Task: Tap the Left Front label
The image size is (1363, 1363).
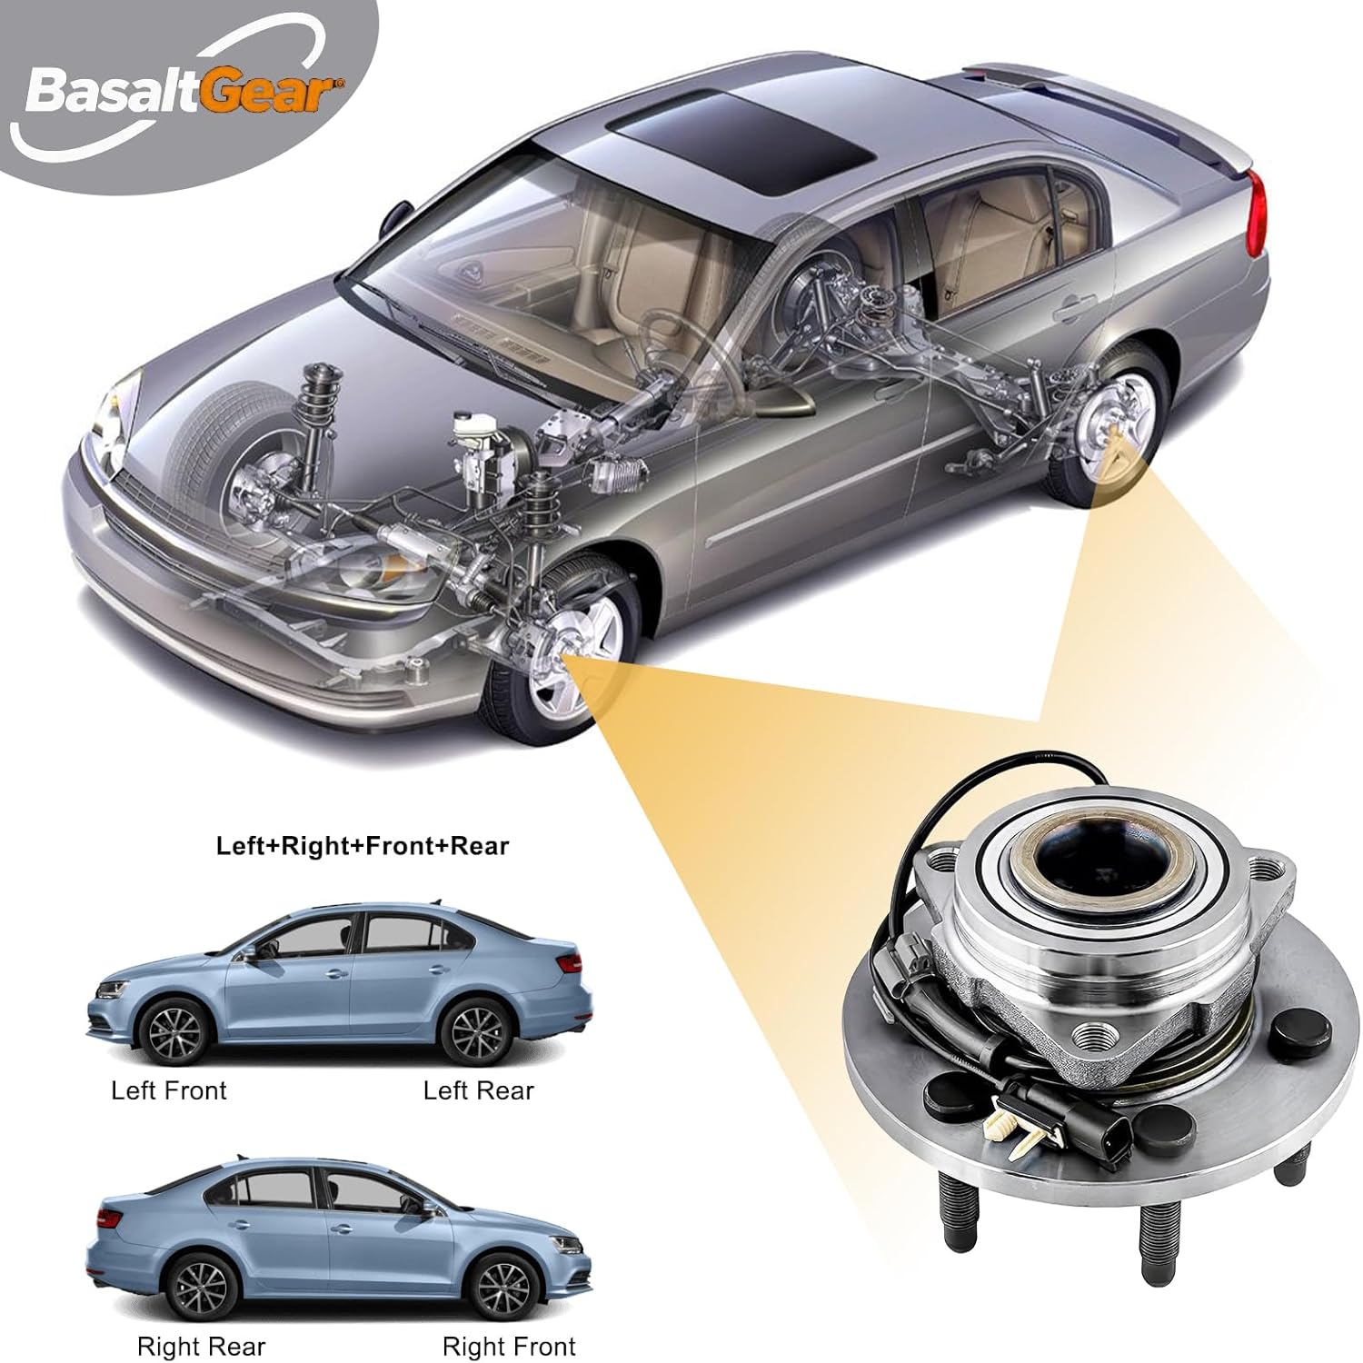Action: pos(169,1090)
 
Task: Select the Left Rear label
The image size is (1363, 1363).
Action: pos(479,1090)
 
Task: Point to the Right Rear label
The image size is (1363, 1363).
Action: pos(202,1346)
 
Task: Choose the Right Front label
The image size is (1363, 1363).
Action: pos(509,1346)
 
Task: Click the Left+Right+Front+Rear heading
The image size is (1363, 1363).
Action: pos(363,846)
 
